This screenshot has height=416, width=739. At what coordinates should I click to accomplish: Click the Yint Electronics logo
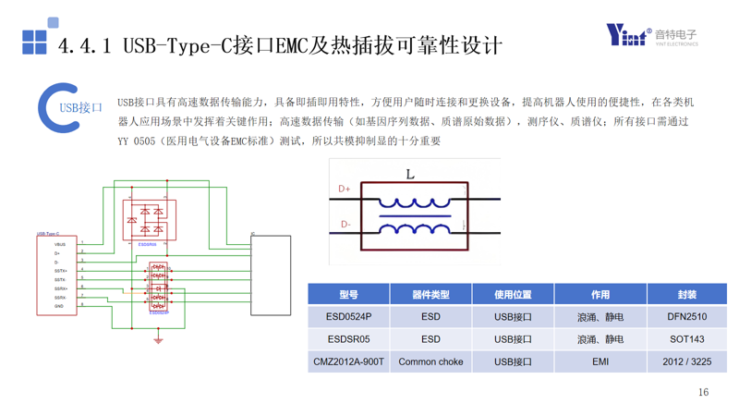click(651, 35)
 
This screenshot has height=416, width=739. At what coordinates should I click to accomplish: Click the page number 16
click(703, 392)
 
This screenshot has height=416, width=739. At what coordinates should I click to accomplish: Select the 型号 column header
click(348, 294)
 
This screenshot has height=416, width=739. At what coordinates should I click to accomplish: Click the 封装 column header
click(686, 294)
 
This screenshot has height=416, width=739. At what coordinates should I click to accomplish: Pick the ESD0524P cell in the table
click(348, 317)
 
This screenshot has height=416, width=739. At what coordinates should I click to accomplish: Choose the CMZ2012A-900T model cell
click(348, 361)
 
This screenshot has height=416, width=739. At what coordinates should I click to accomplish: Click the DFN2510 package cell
click(686, 317)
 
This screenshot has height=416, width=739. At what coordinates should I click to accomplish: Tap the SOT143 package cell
click(686, 339)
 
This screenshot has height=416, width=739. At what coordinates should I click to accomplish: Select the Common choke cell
click(430, 361)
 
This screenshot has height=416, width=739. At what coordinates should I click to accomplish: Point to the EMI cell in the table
click(600, 361)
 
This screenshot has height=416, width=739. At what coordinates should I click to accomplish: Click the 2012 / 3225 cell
click(686, 361)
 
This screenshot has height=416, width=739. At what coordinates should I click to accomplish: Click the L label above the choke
click(410, 174)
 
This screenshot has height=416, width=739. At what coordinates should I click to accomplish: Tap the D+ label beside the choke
click(345, 189)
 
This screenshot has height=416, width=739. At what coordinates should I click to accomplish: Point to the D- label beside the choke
click(345, 225)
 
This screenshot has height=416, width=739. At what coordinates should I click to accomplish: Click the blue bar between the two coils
click(415, 216)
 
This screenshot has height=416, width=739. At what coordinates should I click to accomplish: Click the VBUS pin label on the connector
click(60, 244)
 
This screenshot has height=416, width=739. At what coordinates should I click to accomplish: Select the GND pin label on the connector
click(59, 306)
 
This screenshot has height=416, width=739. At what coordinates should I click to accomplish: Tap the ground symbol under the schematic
click(158, 341)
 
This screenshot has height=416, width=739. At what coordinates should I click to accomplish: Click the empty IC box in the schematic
click(271, 275)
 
